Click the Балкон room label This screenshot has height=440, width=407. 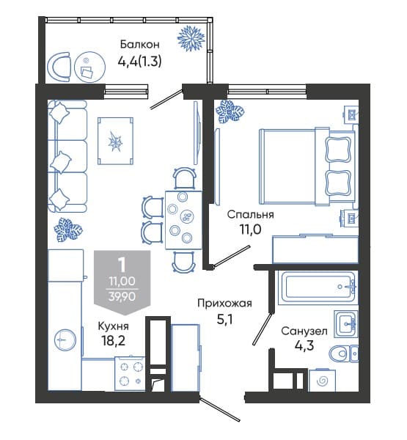click(x=140, y=44)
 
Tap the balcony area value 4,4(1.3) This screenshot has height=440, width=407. click(x=139, y=61)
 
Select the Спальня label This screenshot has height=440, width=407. click(x=250, y=215)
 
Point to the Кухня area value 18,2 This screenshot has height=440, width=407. click(x=113, y=341)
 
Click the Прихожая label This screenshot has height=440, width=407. click(x=224, y=304)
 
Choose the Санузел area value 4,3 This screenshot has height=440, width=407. click(x=304, y=345)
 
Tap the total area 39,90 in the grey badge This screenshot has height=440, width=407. click(x=122, y=296)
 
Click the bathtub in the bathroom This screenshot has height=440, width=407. click(x=318, y=287)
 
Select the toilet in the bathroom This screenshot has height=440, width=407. click(x=343, y=353)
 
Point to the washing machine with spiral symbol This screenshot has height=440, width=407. click(x=322, y=381)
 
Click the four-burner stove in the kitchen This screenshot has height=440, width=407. click(x=130, y=373)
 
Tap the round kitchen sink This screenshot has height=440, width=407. click(x=65, y=340)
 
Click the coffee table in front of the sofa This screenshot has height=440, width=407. click(x=115, y=141)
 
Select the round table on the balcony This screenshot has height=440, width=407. click(x=89, y=67)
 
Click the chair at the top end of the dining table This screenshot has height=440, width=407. click(x=184, y=178)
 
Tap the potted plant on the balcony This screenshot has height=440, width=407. click(x=191, y=38)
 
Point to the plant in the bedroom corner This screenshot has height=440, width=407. click(x=230, y=111)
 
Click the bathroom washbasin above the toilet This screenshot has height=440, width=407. click(x=346, y=324)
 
